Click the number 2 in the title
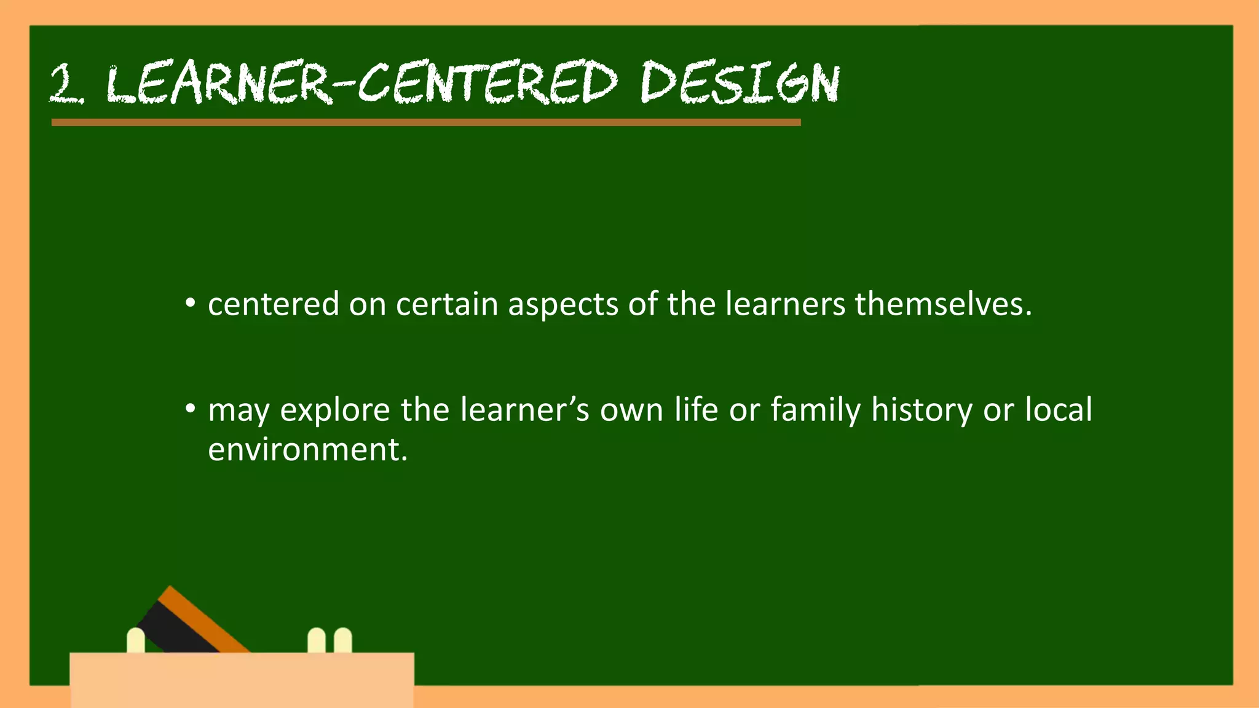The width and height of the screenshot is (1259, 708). [x=65, y=84]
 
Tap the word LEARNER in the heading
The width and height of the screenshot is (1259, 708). [x=218, y=83]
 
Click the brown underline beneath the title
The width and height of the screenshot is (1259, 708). [x=425, y=122]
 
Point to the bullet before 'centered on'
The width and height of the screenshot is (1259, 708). [x=191, y=304]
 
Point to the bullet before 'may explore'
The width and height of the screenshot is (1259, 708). [x=191, y=409]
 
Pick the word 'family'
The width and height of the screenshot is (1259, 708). [x=815, y=411]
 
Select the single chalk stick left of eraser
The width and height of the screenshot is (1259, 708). [x=136, y=640]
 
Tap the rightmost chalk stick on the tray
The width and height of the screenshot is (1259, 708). [x=343, y=640]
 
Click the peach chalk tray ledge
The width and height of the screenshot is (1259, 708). [x=242, y=679]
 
